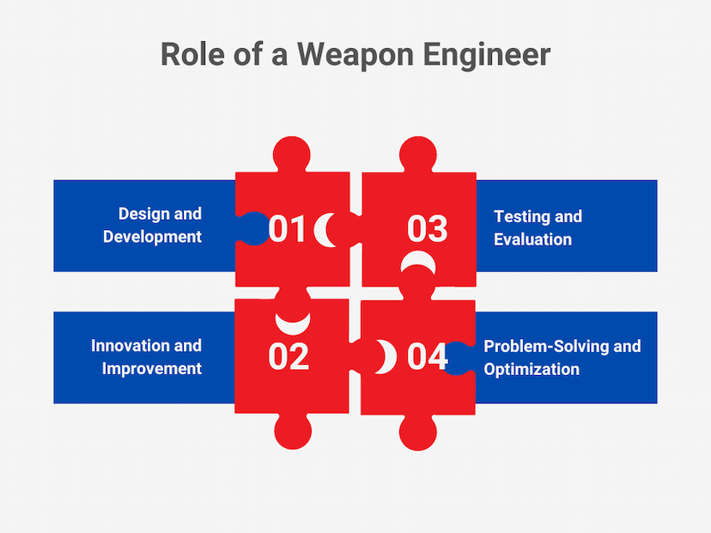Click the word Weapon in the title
pyautogui.click(x=355, y=54)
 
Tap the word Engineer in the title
pyautogui.click(x=487, y=55)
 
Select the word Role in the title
pyautogui.click(x=192, y=54)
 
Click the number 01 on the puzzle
pyautogui.click(x=287, y=228)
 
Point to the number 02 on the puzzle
pyautogui.click(x=289, y=357)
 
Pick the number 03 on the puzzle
pyautogui.click(x=427, y=228)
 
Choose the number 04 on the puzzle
pyautogui.click(x=427, y=357)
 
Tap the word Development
pyautogui.click(x=152, y=237)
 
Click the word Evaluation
pyautogui.click(x=532, y=239)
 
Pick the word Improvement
pyautogui.click(x=152, y=368)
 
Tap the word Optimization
pyautogui.click(x=532, y=369)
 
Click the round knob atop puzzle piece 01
pyautogui.click(x=292, y=154)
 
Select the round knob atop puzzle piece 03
pyautogui.click(x=417, y=154)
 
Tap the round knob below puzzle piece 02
pyautogui.click(x=293, y=431)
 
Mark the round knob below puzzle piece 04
pyautogui.click(x=417, y=432)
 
